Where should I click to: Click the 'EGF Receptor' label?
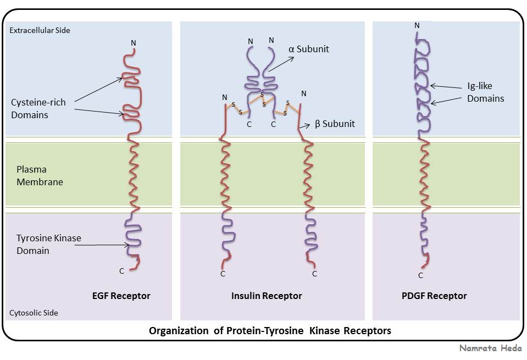point(121,296)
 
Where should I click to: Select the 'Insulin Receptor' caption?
point(267,296)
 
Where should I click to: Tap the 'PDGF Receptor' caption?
point(434,296)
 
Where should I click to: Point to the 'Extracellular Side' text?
point(40,30)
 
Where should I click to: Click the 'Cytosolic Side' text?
point(34,313)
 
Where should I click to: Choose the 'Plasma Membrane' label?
point(40,175)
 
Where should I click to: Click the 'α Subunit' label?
point(308,49)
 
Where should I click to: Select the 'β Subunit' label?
point(335,124)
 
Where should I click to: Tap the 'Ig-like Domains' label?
point(486,92)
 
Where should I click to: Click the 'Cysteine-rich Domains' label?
point(38,109)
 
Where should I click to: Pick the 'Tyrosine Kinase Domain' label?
point(49,245)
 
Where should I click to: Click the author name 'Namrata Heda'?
point(490,348)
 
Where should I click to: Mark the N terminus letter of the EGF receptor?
point(134,43)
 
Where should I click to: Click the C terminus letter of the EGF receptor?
point(121,271)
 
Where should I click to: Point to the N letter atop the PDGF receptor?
point(417,25)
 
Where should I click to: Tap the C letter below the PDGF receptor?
point(420,275)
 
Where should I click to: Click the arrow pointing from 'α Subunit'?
point(281,64)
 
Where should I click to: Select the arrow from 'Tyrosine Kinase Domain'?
point(102,245)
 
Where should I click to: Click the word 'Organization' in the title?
point(179,331)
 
